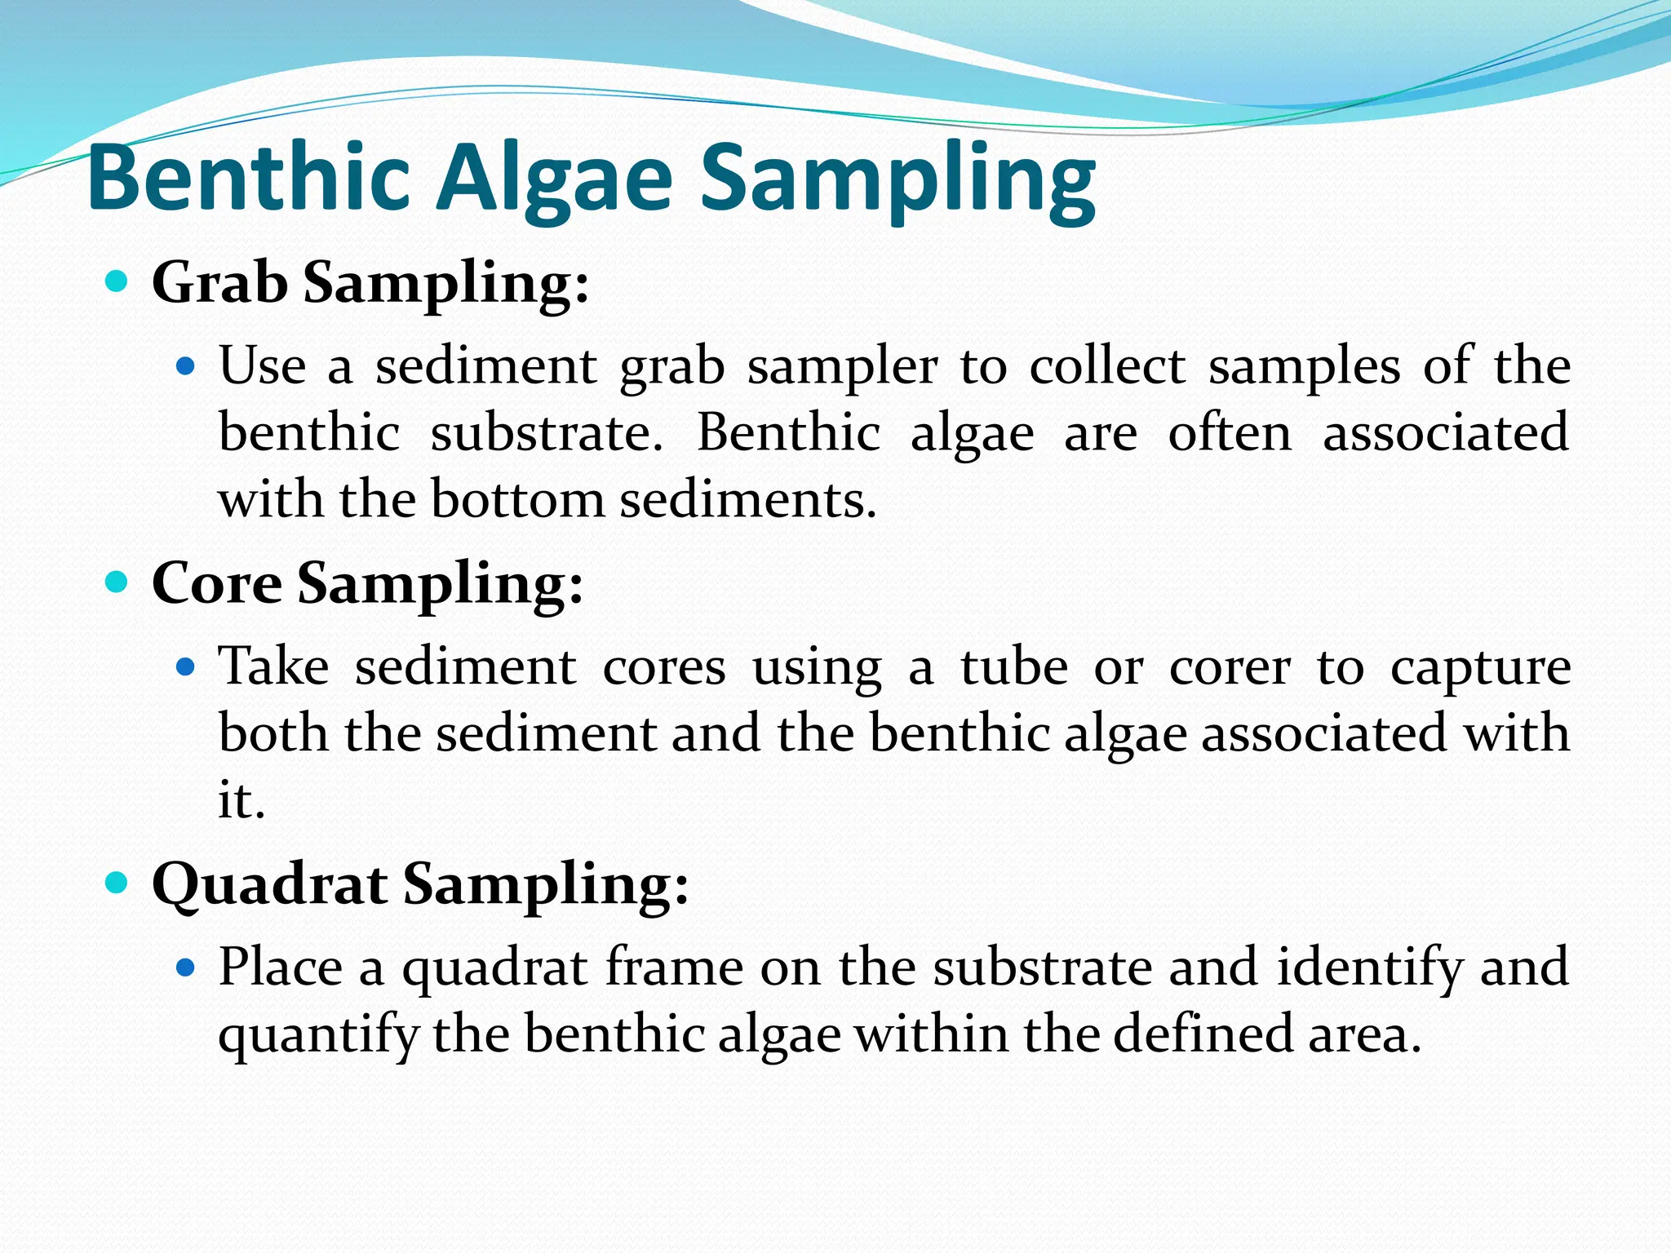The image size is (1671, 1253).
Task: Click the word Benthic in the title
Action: pos(248,178)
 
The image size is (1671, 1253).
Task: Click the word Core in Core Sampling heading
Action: pos(216,583)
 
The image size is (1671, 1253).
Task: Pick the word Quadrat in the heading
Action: pos(269,884)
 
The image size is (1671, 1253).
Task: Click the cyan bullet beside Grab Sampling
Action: pos(117,282)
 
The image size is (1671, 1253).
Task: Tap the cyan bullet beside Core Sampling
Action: pos(117,582)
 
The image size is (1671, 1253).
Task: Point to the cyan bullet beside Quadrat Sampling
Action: pos(117,883)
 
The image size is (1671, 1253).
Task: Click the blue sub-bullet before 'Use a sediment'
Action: pos(186,367)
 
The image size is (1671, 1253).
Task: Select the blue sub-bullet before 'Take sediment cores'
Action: pos(186,668)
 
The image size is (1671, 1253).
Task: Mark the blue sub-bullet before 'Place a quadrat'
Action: pos(186,968)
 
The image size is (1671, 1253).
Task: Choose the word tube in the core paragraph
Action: pos(1013,667)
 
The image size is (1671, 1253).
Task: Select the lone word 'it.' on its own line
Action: pos(242,799)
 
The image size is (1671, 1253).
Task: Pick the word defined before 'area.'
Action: pos(1203,1034)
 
